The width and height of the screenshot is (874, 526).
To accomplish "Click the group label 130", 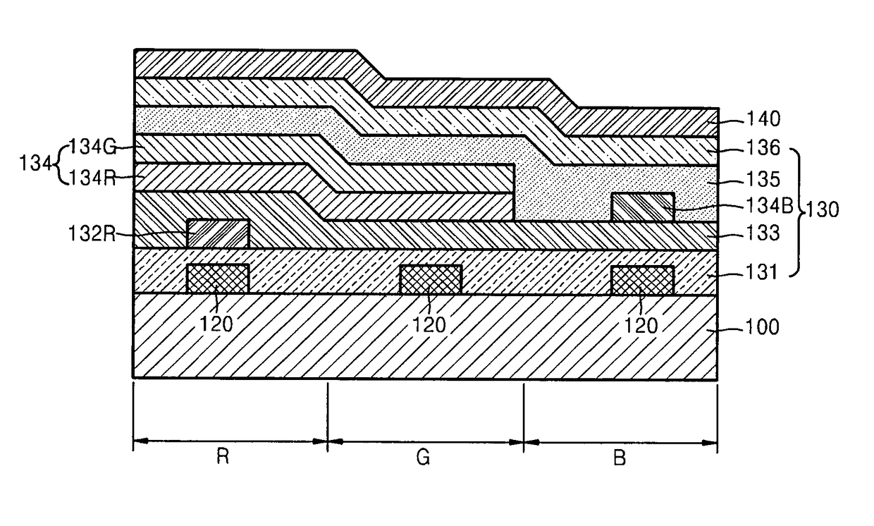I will [x=823, y=210].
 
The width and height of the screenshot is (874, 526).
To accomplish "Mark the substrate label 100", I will [x=763, y=327].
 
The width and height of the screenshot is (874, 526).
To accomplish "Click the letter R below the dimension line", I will [x=222, y=458].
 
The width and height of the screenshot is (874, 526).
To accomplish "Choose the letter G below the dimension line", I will [x=423, y=458].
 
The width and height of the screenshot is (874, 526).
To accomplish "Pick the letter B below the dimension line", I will [x=620, y=458].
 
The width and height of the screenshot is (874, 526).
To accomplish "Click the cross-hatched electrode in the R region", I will [x=218, y=279].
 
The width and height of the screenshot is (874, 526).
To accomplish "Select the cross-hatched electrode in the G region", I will [x=430, y=279].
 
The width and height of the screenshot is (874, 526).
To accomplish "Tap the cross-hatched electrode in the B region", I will [x=642, y=279].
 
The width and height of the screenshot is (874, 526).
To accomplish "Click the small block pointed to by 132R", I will [x=218, y=233].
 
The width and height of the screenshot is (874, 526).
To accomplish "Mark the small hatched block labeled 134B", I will [x=642, y=207].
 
